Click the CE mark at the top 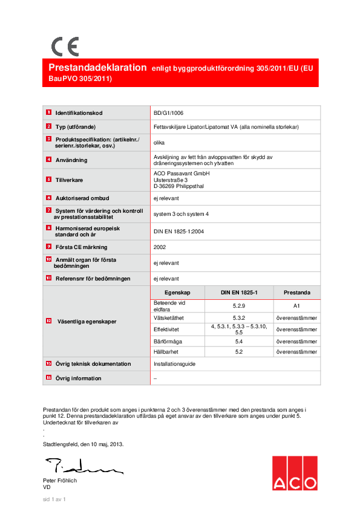tap(65, 47)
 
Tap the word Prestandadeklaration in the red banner tap(97, 68)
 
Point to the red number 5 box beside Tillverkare tap(48, 180)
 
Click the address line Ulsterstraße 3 tap(171, 180)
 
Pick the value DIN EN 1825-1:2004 tap(178, 231)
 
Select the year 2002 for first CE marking tap(160, 247)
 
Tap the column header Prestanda tap(296, 292)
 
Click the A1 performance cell tap(296, 306)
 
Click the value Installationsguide tap(175, 364)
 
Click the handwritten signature tap(82, 465)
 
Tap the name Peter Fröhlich tap(60, 481)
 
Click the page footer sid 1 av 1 tap(54, 499)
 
